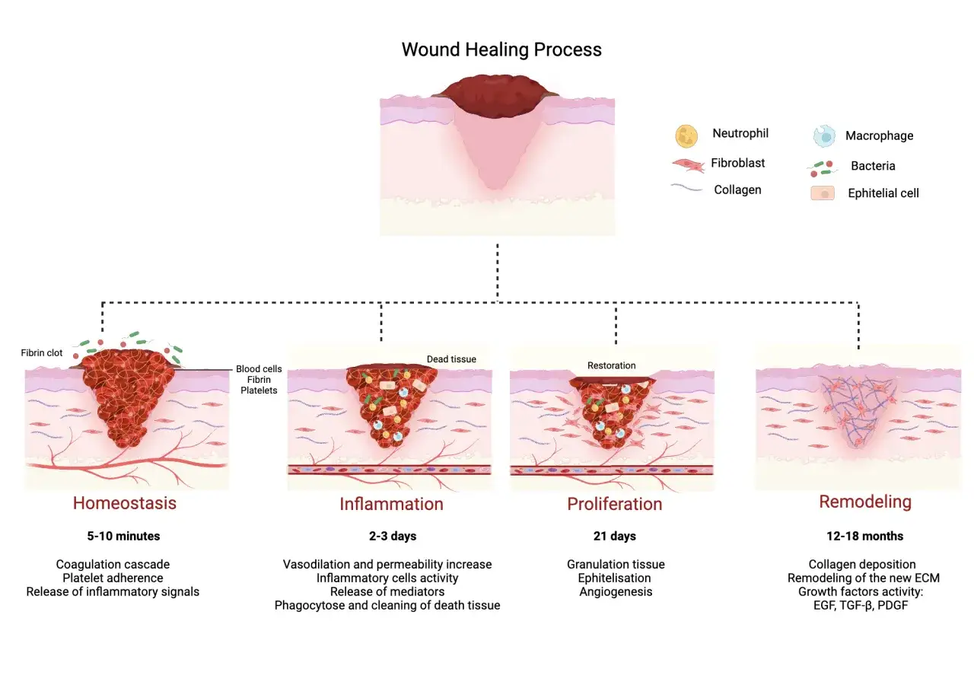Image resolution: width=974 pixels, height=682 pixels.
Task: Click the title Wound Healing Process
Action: [x=501, y=49]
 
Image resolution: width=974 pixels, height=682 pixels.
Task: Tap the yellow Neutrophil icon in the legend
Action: [x=686, y=136]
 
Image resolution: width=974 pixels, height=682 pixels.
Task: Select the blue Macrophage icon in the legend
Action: [x=824, y=136]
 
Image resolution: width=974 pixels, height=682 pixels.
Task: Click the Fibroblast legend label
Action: [x=737, y=163]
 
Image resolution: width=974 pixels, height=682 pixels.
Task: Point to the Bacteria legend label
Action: [x=873, y=166]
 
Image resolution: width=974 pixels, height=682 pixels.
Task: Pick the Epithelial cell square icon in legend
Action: [x=823, y=193]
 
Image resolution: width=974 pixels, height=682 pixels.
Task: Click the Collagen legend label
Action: [x=737, y=190]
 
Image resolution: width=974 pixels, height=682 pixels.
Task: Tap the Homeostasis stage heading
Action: [x=124, y=503]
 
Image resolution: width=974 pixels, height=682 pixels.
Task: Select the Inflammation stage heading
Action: [x=391, y=504]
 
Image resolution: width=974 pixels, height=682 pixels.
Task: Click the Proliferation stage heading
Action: [x=614, y=504]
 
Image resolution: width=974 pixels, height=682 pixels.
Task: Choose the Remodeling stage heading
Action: [x=865, y=502]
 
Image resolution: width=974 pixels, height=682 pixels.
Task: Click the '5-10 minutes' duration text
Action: [x=123, y=537]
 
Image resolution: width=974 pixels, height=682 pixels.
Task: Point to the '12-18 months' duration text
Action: [x=865, y=537]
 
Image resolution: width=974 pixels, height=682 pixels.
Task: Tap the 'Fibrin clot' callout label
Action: [x=42, y=352]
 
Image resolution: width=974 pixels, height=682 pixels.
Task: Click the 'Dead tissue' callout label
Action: [x=451, y=359]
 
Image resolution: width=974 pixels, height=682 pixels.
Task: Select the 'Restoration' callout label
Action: [x=611, y=365]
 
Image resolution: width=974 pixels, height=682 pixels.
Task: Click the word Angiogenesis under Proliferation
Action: [x=616, y=592]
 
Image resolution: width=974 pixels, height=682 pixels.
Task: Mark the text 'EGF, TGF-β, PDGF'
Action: [x=861, y=605]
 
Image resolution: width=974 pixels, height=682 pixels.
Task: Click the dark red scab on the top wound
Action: [x=495, y=95]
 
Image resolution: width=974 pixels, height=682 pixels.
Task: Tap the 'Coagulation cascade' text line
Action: [x=113, y=565]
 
